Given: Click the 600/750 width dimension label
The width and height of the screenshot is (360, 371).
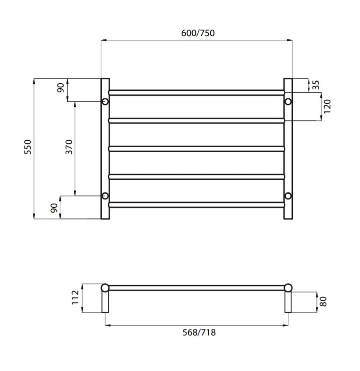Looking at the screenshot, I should (198, 33).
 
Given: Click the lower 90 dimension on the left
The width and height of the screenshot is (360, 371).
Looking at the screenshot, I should (53, 208).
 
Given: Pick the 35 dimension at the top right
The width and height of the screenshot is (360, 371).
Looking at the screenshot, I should (315, 85).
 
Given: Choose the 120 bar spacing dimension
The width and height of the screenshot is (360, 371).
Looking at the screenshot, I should (327, 106).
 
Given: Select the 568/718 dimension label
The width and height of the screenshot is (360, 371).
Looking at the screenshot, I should (198, 332).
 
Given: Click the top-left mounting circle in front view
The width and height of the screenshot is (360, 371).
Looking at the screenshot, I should (105, 101).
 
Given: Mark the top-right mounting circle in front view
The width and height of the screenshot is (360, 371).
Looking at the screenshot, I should (288, 101).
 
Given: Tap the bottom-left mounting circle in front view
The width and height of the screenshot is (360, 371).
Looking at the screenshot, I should (105, 196).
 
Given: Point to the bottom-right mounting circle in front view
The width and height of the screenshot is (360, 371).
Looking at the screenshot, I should (288, 196).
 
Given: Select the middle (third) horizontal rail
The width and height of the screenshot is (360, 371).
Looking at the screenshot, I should (196, 149).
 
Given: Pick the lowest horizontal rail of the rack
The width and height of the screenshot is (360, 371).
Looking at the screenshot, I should (196, 204).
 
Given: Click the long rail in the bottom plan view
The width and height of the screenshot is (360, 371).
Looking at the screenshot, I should (196, 287).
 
